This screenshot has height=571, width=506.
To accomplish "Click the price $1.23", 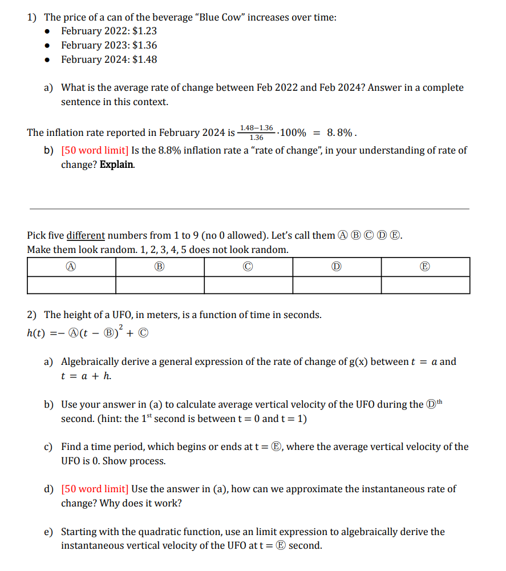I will point(144,31).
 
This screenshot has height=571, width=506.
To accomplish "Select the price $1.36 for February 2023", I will point(144,45).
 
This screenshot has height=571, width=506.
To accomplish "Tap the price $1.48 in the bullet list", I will point(144,59).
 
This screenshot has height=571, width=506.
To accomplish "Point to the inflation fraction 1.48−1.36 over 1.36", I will point(256,132).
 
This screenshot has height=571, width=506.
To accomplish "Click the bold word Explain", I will point(118,164).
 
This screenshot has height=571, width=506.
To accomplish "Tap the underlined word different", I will point(86,235).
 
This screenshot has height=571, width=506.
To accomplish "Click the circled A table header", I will point(71,267).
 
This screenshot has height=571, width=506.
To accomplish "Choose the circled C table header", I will point(248,267).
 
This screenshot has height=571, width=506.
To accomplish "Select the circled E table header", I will point(426,267).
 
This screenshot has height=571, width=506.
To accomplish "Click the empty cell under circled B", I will point(160,285).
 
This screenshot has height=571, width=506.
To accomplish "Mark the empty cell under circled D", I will point(337,285).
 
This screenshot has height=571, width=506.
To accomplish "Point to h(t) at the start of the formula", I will point(37,333).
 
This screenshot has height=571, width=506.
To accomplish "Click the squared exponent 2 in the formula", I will point(121,327).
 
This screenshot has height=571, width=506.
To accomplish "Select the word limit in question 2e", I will point(253,532).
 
